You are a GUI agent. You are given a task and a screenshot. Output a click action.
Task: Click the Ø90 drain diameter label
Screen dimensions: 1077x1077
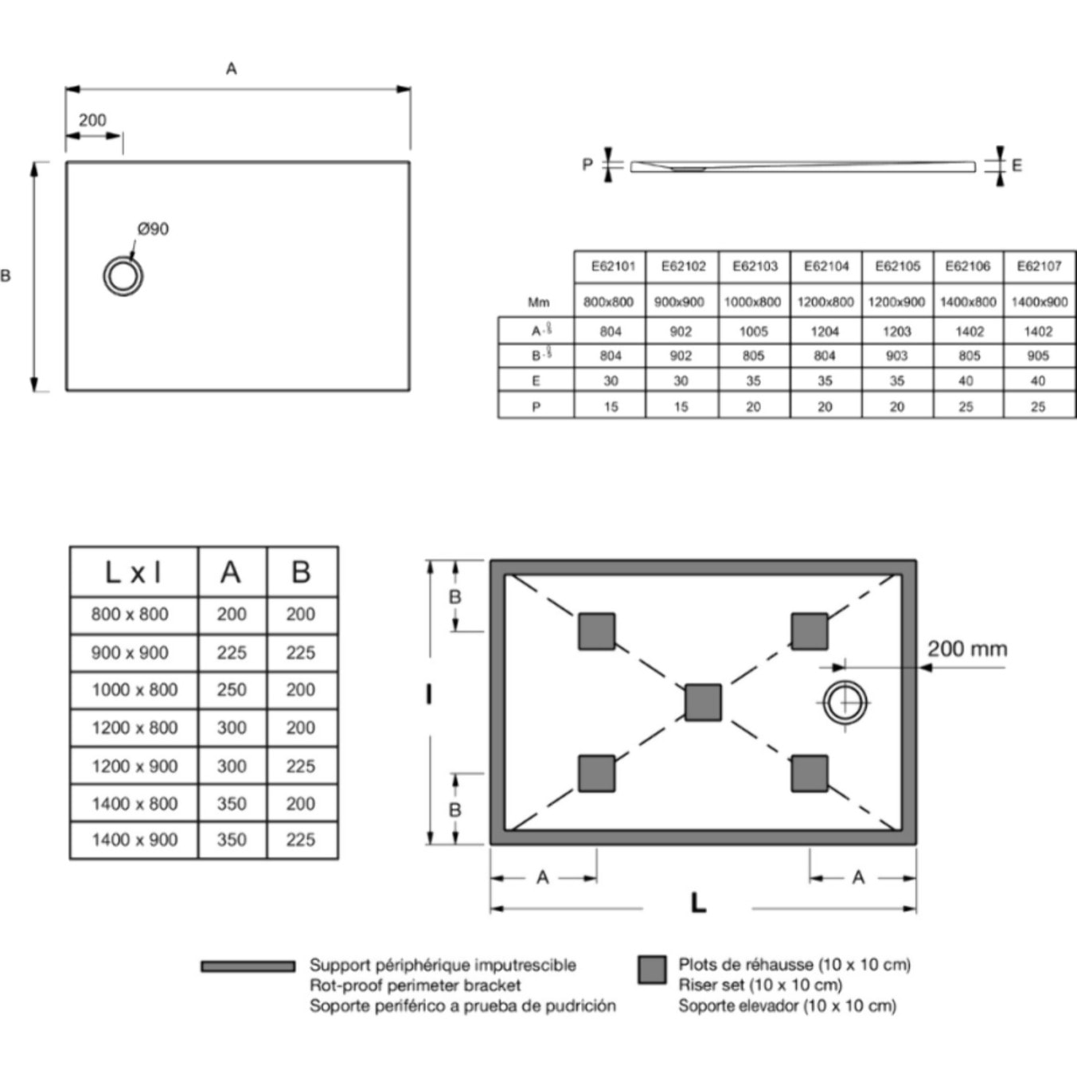[153, 229]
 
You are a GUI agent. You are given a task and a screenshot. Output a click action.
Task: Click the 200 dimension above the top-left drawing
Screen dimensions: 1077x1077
[92, 120]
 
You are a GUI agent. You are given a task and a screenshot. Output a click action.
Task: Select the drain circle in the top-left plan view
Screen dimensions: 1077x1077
[123, 276]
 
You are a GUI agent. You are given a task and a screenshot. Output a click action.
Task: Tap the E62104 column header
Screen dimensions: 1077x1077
[826, 267]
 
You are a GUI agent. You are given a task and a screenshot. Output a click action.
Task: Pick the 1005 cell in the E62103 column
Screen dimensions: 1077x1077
[753, 331]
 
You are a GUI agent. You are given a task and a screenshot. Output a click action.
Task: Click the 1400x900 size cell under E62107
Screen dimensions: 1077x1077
[1039, 302]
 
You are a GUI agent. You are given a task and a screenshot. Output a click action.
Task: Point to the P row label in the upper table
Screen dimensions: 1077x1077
[536, 407]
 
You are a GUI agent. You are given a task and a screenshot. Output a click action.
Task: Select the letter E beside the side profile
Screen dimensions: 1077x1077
[1017, 166]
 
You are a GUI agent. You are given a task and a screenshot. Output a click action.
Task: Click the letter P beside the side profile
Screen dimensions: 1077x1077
[587, 165]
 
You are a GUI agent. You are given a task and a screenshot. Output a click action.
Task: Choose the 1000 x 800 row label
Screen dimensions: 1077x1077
[135, 690]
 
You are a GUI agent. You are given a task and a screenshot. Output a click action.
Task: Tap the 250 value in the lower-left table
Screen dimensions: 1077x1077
[232, 690]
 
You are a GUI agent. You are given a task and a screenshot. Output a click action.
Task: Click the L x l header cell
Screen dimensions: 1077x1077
[133, 572]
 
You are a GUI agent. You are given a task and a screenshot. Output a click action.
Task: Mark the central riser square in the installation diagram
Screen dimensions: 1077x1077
[704, 703]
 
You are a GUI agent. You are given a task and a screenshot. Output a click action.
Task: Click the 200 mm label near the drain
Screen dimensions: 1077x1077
[967, 650]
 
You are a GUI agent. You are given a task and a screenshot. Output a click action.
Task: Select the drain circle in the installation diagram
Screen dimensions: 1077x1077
[845, 703]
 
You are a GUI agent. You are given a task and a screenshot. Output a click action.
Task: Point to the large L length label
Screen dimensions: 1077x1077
[698, 903]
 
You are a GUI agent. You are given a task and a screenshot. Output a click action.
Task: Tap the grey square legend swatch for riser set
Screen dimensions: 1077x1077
[653, 969]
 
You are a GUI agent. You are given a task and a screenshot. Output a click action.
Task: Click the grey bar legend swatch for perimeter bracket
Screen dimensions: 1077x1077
[248, 966]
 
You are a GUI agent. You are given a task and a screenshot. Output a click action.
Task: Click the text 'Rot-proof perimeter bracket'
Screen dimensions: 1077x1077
[416, 985]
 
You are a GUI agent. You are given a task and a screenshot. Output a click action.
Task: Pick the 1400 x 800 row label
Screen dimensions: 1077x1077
[135, 804]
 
